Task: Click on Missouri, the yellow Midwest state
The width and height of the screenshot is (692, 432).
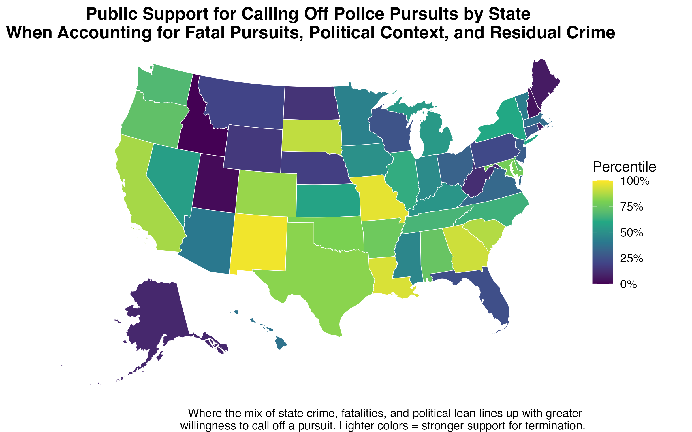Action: click(378, 199)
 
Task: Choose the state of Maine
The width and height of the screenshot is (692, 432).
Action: click(544, 84)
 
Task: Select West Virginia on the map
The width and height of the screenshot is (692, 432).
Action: click(476, 181)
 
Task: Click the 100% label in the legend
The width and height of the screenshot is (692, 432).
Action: click(634, 181)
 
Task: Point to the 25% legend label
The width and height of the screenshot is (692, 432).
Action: click(631, 259)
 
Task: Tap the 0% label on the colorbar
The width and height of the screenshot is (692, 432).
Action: click(629, 284)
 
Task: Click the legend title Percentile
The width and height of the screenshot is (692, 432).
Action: click(624, 167)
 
